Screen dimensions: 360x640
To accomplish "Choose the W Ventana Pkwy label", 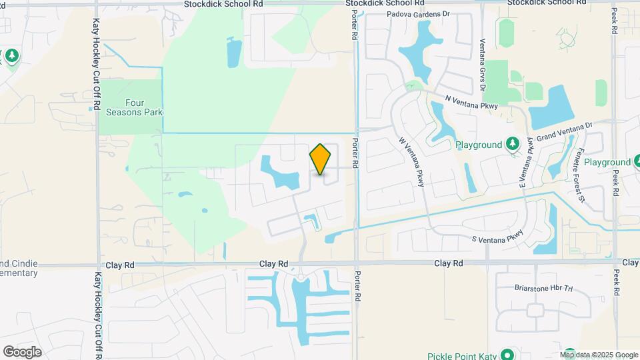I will [411, 162].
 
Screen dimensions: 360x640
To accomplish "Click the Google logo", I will [22, 351].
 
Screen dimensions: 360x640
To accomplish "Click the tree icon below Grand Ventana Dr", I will [512, 144].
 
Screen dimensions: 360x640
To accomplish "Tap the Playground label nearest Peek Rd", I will [607, 162].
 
